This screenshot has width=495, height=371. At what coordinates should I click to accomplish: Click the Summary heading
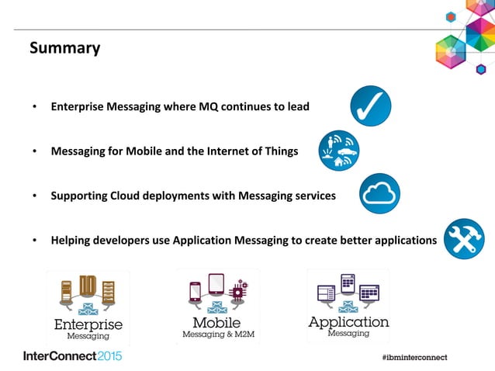(x=64, y=48)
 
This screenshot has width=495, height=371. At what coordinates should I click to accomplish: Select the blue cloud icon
(x=379, y=193)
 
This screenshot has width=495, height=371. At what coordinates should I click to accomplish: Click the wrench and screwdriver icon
(x=464, y=238)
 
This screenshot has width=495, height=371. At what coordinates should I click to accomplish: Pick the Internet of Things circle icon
(x=340, y=150)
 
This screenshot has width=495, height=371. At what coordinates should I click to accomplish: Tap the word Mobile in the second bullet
(x=148, y=151)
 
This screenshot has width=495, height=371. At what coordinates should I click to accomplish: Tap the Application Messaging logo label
(x=348, y=325)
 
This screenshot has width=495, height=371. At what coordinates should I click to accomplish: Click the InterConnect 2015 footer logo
(x=72, y=356)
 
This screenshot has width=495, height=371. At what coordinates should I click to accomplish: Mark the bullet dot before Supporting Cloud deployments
(x=34, y=196)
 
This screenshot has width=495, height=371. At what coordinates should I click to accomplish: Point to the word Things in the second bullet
(x=279, y=151)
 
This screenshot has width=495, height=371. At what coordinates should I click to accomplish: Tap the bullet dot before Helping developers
(x=34, y=240)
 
